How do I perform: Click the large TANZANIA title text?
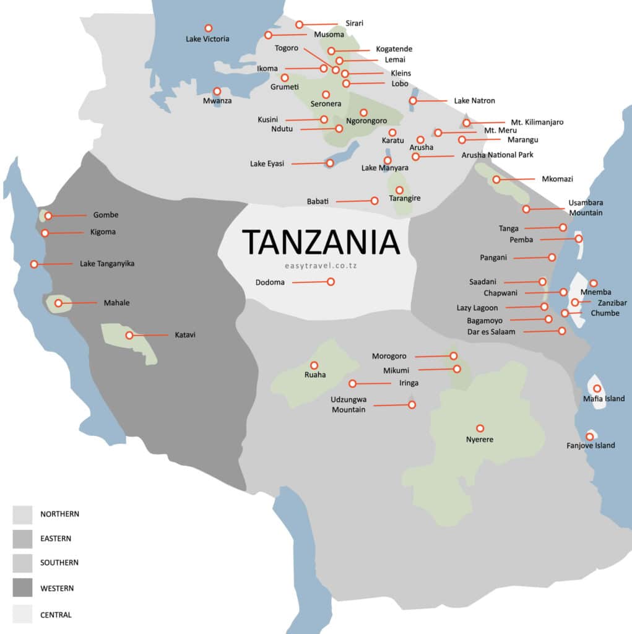(321, 241)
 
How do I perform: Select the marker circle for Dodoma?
(331, 282)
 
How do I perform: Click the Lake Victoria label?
(207, 39)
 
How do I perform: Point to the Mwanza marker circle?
(217, 91)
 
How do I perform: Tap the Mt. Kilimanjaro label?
(537, 123)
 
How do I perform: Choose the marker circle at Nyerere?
(480, 428)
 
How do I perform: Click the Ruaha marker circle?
(314, 365)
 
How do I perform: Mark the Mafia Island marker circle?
(597, 388)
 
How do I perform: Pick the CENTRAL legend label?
(56, 615)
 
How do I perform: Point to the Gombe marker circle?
(48, 216)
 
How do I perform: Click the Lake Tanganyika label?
(107, 264)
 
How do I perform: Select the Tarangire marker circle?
(399, 189)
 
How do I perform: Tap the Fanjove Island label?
(591, 445)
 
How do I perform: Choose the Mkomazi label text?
(557, 179)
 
